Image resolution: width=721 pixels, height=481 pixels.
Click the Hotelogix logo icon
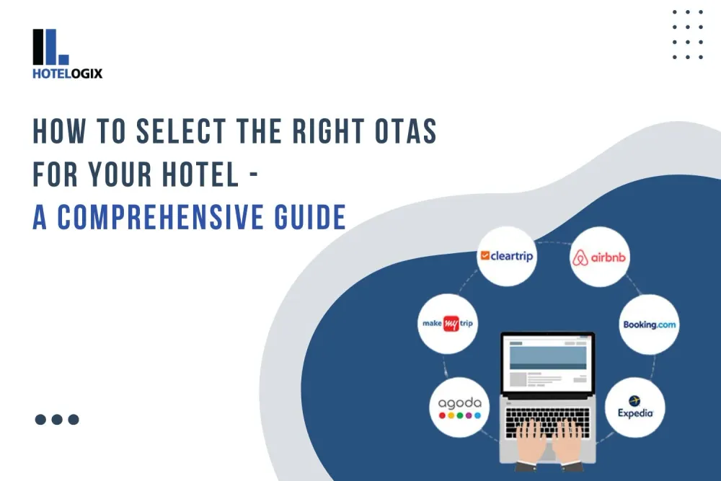(50, 47)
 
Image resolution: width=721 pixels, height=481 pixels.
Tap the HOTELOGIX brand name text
(67, 73)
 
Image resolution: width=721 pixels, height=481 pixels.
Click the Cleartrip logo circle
(507, 255)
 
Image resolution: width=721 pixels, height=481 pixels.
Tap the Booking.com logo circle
(649, 325)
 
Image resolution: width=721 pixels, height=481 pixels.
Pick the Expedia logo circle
(635, 406)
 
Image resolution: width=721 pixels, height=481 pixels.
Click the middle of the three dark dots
(57, 419)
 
